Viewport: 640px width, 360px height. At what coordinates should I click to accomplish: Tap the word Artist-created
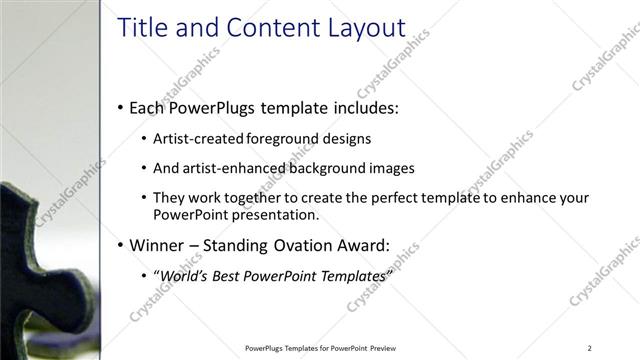197,138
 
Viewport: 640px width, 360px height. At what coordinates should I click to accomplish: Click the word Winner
158,244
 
